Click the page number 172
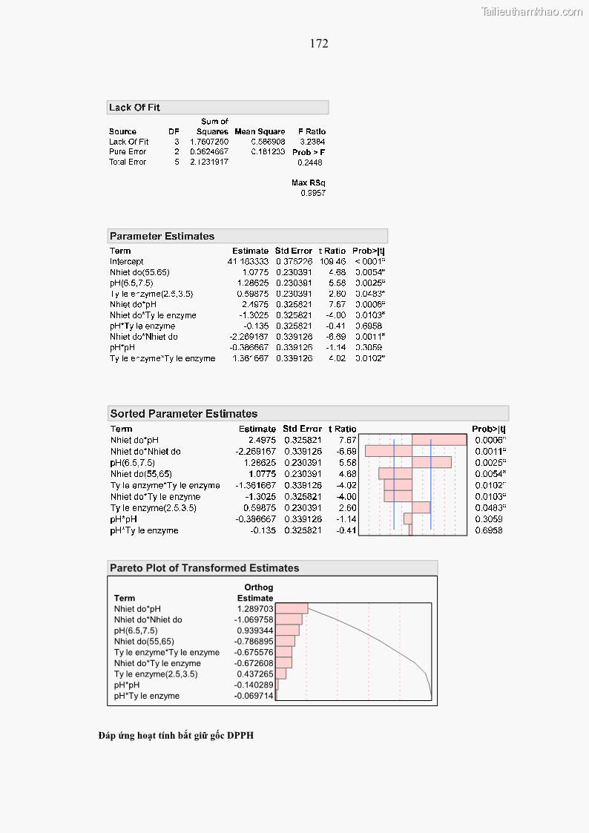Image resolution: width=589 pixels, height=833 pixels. [x=319, y=44]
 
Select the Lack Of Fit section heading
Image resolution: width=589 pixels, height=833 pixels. [x=134, y=108]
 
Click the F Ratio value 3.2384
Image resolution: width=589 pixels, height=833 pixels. [x=312, y=142]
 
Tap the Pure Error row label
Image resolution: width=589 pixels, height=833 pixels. [x=128, y=151]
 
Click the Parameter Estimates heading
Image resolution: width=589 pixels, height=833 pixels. [x=162, y=237]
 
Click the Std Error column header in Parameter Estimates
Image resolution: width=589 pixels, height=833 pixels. [x=292, y=251]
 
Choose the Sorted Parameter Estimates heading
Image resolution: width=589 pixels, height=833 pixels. [x=184, y=414]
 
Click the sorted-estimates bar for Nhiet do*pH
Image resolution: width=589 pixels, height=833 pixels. [x=439, y=440]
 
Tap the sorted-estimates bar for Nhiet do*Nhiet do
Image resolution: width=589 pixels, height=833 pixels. [x=389, y=451]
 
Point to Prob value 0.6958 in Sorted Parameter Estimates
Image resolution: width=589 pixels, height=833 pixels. [x=488, y=530]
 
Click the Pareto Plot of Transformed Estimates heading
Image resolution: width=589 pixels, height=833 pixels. [x=204, y=568]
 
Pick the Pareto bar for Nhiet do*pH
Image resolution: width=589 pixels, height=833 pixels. [x=292, y=608]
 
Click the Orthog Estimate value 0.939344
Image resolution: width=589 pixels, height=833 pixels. [x=255, y=630]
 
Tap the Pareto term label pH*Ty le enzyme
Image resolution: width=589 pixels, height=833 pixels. [x=146, y=696]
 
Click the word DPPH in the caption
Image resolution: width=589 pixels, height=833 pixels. [x=241, y=736]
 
